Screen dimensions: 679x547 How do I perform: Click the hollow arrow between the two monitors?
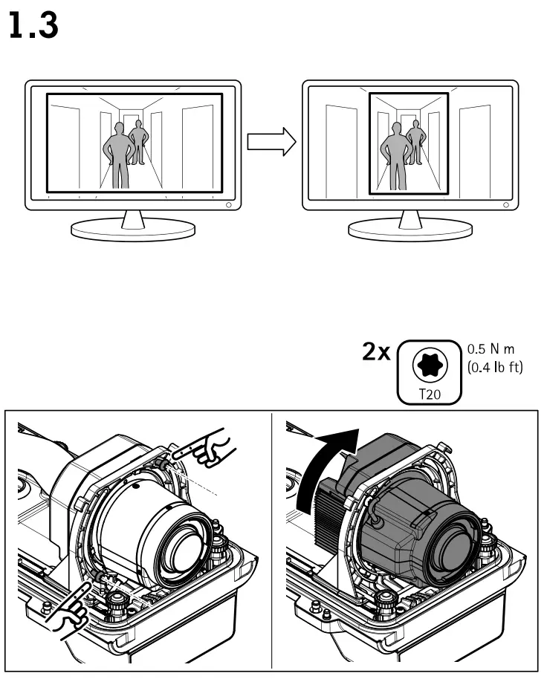(x=267, y=142)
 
